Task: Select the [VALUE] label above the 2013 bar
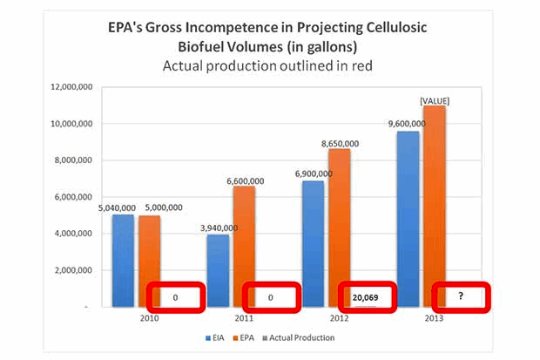434,100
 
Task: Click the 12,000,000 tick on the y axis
69,87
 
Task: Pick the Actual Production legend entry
300,337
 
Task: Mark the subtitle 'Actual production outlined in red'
269,65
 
